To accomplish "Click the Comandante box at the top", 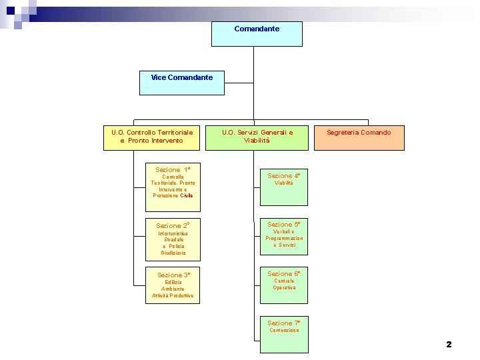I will click(257, 34).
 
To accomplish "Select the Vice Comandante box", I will click(182, 83).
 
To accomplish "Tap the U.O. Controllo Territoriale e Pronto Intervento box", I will click(152, 137).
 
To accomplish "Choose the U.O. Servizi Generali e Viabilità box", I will click(257, 137).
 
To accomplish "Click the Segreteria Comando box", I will click(359, 137).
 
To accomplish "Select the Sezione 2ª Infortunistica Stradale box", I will click(173, 239).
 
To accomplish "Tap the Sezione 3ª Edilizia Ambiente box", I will click(173, 285).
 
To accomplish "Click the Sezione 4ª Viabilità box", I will click(284, 187).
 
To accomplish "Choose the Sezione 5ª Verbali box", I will click(284, 236).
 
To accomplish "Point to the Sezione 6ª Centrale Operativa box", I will click(284, 285).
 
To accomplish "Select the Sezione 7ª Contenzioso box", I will click(284, 334).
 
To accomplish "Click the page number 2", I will click(449, 345).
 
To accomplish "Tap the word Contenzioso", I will click(284, 331).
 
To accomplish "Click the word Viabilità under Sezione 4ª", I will click(284, 183).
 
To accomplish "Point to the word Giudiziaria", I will click(173, 253).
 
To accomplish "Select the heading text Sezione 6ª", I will click(284, 274).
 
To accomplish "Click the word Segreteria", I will click(342, 133).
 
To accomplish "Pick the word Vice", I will click(159, 77).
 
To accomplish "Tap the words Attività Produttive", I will click(173, 295).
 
